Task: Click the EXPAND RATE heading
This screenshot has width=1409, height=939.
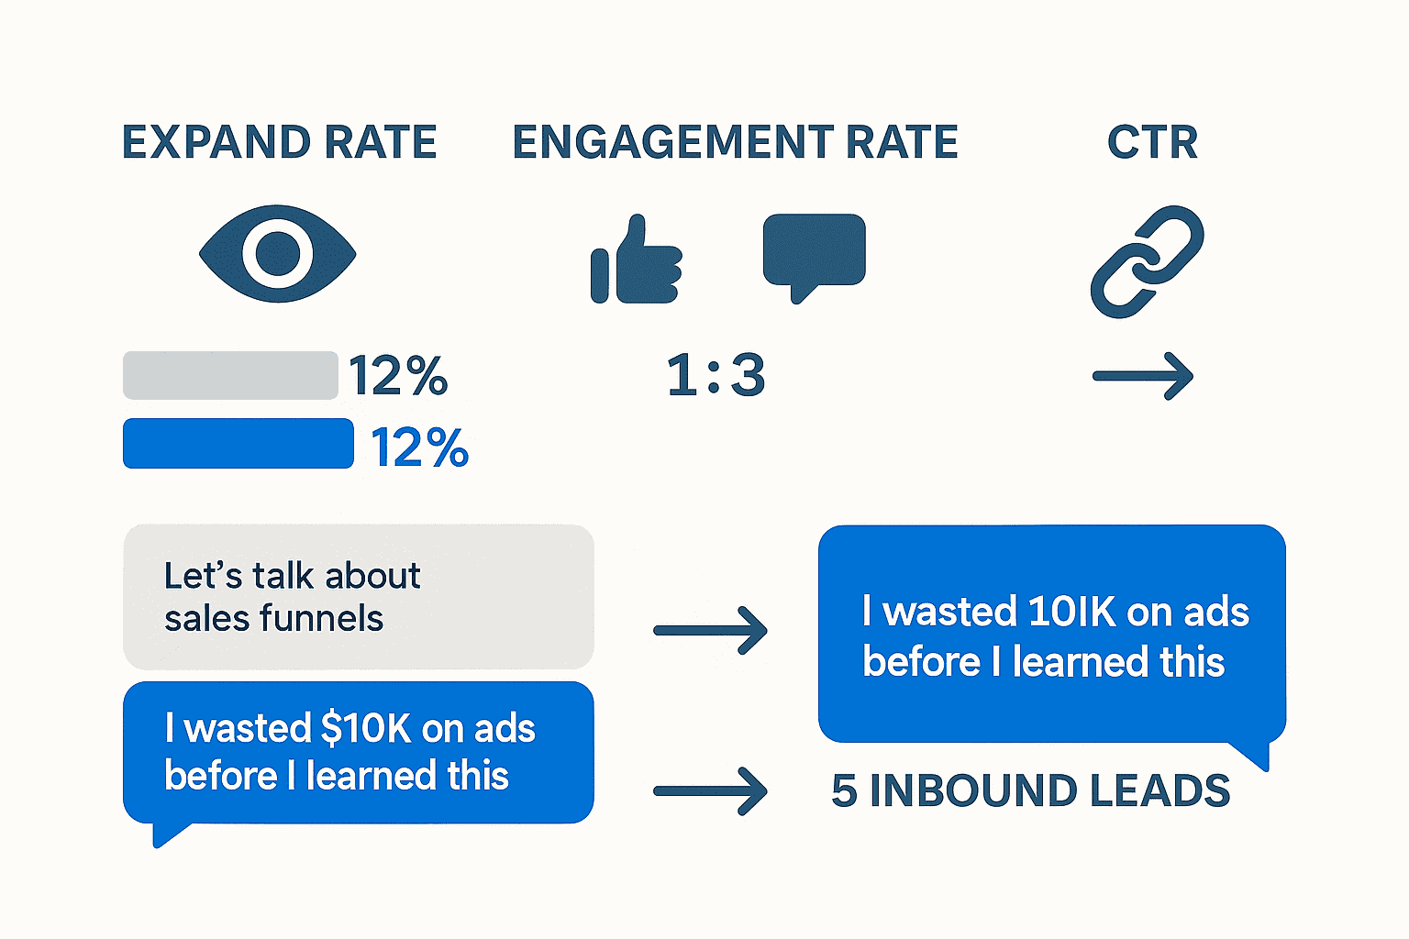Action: pos(280,143)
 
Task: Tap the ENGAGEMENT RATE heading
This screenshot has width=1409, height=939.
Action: pos(735,143)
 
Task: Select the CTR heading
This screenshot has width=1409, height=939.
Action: pos(1152,143)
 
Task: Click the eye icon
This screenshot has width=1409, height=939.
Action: pos(278,253)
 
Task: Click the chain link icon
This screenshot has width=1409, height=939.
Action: pos(1147,261)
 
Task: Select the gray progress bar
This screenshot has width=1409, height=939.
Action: pos(230,375)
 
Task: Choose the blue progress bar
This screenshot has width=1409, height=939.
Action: pos(239,444)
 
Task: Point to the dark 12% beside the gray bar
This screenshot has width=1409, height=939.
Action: pos(398,376)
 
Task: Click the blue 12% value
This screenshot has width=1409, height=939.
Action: pos(420,447)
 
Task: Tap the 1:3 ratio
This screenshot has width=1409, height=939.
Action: pos(716,376)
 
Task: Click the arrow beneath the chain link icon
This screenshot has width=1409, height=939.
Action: pos(1143,376)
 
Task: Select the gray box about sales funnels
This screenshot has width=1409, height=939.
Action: pos(358,596)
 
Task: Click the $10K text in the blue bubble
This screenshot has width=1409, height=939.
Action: pos(366,729)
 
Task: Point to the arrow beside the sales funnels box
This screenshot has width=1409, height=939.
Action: pos(710,630)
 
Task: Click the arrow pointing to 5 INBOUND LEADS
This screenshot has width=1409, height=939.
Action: pos(710,790)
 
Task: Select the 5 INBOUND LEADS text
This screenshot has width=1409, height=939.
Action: pos(1030,791)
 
